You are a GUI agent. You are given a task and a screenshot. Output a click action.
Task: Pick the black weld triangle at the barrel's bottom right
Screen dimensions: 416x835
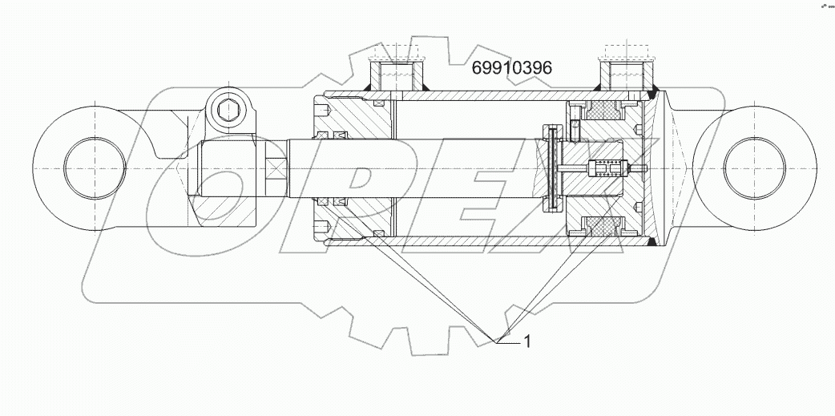coord(651,240)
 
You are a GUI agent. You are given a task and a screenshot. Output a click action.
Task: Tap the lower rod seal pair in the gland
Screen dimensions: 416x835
coord(330,201)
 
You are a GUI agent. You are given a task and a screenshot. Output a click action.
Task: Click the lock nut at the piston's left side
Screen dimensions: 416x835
coord(550,168)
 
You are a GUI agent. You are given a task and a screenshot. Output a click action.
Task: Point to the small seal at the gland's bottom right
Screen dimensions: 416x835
coord(378,234)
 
